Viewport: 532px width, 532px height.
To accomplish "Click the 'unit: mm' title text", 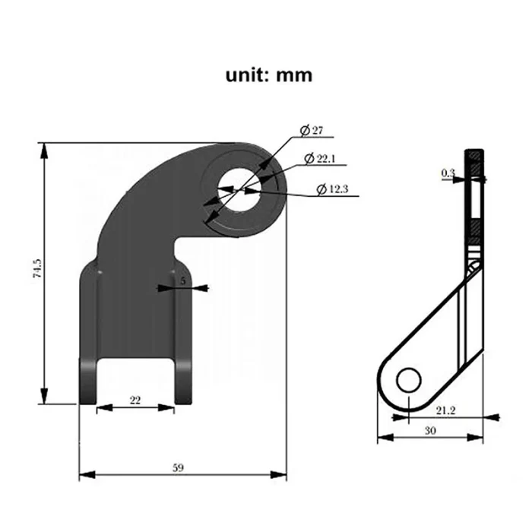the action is pyautogui.click(x=268, y=75).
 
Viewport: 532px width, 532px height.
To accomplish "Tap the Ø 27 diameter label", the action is pyautogui.click(x=312, y=131).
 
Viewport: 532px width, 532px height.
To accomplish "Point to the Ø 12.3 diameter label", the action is pyautogui.click(x=331, y=189).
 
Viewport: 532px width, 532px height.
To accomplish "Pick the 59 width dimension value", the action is pyautogui.click(x=179, y=467).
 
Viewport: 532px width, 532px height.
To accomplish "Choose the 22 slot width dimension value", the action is pyautogui.click(x=135, y=401).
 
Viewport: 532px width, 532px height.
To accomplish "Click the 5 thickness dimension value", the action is pyautogui.click(x=183, y=280).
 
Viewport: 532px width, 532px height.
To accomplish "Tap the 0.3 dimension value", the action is pyautogui.click(x=448, y=174).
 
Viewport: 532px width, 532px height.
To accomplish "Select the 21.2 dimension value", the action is pyautogui.click(x=446, y=410).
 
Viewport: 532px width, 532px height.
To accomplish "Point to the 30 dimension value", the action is pyautogui.click(x=430, y=430).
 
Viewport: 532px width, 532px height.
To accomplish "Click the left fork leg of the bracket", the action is pyautogui.click(x=88, y=334).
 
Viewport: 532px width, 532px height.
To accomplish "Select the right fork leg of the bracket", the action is pyautogui.click(x=185, y=334).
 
